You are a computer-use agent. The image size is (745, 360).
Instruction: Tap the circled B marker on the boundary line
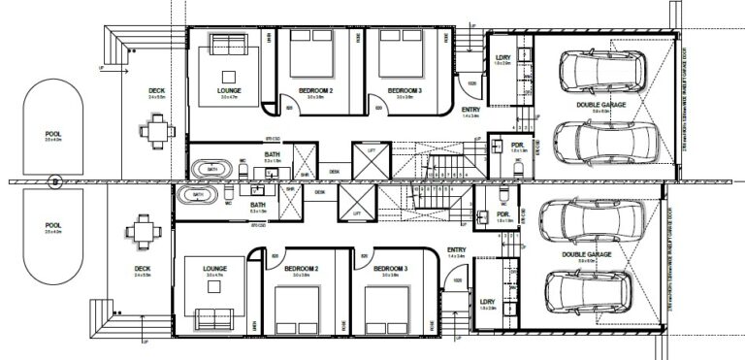56,180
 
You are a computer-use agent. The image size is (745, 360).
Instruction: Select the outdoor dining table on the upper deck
155,128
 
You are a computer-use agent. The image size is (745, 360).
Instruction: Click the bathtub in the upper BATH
211,168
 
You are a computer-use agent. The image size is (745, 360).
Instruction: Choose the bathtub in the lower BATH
198,194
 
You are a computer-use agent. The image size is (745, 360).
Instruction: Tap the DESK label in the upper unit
335,171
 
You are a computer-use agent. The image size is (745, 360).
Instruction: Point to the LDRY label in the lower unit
486,301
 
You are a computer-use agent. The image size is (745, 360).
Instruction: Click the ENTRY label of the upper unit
471,110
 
